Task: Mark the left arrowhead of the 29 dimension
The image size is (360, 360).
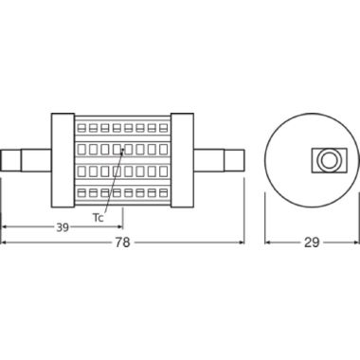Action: pyautogui.click(x=266, y=243)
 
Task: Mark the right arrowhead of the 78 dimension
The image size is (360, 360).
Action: pyautogui.click(x=243, y=243)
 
